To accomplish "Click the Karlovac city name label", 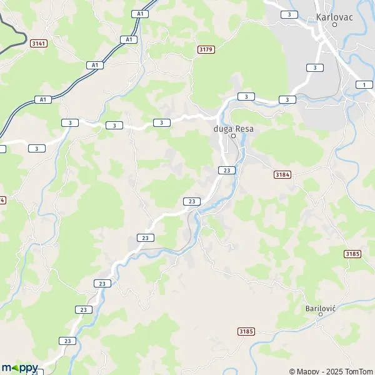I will (335, 17).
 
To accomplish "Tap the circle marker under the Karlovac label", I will (335, 25).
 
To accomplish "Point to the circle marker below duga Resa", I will (233, 136).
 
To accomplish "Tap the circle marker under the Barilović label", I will (321, 315).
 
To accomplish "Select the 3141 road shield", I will (39, 43).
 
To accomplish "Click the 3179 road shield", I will (205, 49).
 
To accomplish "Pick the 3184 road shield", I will (282, 175).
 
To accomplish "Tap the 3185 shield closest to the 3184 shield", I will (352, 254).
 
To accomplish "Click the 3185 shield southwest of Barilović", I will (246, 331).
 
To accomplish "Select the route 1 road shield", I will (363, 84).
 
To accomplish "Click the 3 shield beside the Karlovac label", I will (289, 14).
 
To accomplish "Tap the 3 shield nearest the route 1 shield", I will (315, 67).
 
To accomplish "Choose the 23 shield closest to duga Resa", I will (227, 170).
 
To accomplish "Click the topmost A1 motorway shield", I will (139, 13).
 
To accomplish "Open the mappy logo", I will (19, 367).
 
